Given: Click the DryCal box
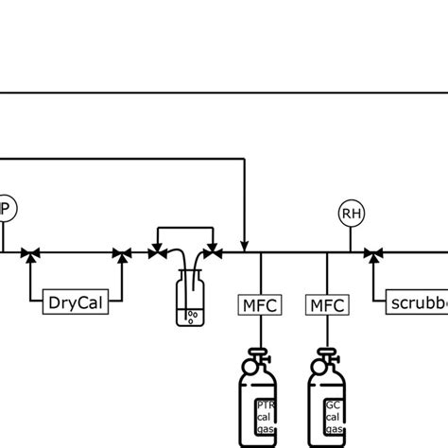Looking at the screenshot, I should click(x=77, y=303).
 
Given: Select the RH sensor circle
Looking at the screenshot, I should click(x=352, y=214).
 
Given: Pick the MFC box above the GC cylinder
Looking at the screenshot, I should click(x=328, y=304).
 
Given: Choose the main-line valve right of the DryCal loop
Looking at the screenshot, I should click(x=121, y=253).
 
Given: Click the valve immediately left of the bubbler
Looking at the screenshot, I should click(x=155, y=253).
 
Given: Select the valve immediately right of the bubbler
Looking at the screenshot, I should click(x=216, y=253).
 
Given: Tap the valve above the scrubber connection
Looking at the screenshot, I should click(x=373, y=253).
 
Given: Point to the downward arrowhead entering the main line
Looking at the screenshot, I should click(x=245, y=246).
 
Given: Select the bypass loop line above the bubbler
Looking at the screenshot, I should click(x=186, y=227).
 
